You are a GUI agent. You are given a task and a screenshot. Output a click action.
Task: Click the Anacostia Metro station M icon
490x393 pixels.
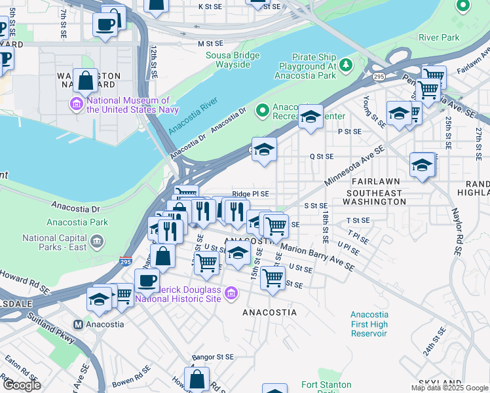[78, 324]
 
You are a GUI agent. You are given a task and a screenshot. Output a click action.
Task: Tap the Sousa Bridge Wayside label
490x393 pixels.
[228, 60]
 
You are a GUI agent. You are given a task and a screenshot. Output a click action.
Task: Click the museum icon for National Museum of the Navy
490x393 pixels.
[77, 103]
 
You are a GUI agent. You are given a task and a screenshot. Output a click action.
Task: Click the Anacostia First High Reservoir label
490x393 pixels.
[369, 324]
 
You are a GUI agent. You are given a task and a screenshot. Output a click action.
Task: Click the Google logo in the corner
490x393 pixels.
[22, 385]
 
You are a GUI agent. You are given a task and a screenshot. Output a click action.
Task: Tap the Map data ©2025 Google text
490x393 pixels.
[450, 388]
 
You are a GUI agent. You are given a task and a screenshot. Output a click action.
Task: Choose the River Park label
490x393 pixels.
[438, 37]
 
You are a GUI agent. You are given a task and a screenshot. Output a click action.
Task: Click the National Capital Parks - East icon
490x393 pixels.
[97, 242]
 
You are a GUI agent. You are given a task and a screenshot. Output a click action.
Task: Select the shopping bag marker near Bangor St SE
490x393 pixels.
[197, 379]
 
